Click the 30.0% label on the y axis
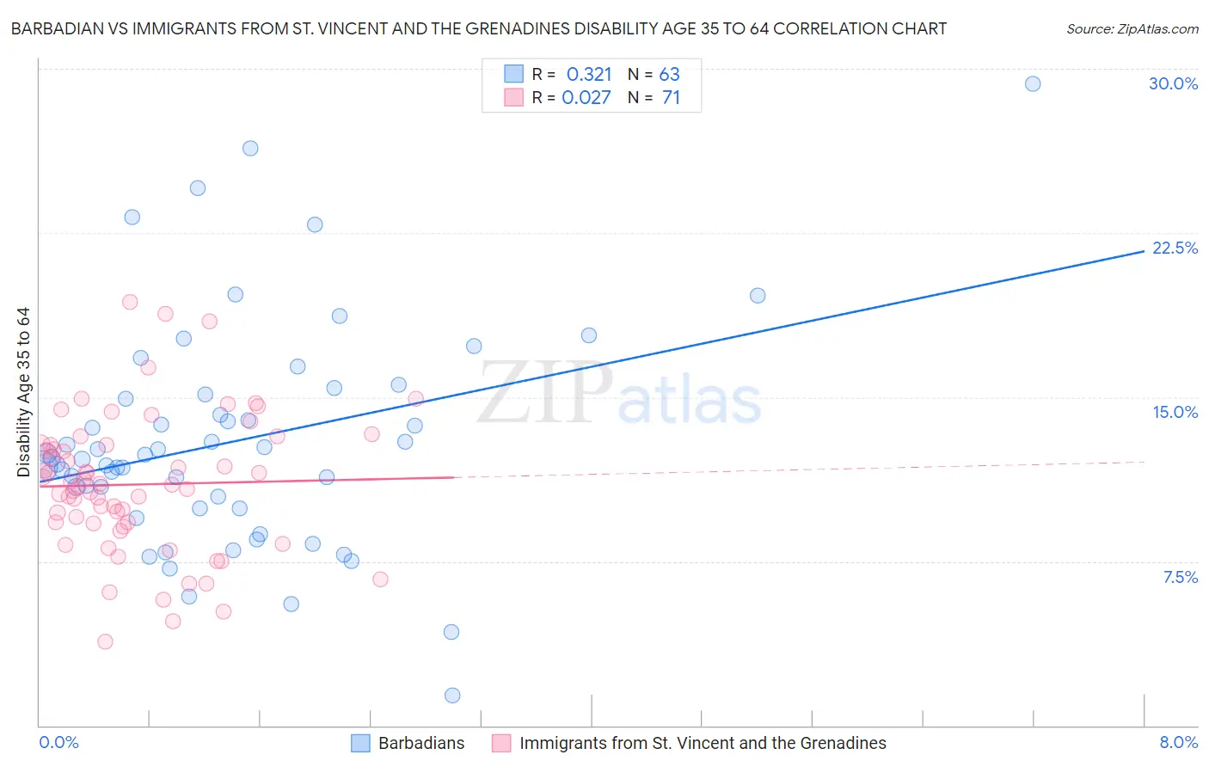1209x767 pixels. pos(1173,83)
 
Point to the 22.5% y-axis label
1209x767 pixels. pos(1175,248)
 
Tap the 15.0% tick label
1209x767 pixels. pos(1175,412)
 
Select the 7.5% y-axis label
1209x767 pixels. pos(1180,577)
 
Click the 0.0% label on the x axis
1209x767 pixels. pos(58,742)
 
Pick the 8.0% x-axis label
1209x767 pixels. pos(1178,742)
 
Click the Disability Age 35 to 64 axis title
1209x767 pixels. pos(23,392)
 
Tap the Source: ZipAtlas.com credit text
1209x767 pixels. pos(1132,28)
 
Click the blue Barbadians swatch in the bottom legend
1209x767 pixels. pos(360,743)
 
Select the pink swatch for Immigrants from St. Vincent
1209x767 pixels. pos(501,743)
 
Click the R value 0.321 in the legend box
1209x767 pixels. pos(589,74)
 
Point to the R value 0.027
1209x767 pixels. pos(586,97)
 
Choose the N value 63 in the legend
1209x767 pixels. pos(669,74)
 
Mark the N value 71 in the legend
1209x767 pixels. pos(671,97)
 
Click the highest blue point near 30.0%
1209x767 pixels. pos(1033,83)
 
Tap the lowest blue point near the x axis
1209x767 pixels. pos(452,695)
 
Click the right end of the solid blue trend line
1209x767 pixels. pos(1144,250)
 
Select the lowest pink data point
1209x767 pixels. pos(105,641)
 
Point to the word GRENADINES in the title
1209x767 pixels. pos(531,28)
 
